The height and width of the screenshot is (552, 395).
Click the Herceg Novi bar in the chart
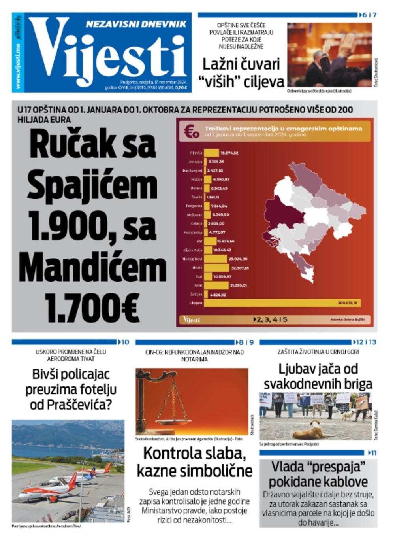point(215,259)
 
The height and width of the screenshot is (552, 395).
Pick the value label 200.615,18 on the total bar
point(347,303)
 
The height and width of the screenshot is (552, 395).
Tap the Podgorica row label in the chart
point(194,206)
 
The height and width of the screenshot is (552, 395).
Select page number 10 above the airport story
point(125,342)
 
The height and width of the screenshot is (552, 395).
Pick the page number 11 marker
point(374,453)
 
